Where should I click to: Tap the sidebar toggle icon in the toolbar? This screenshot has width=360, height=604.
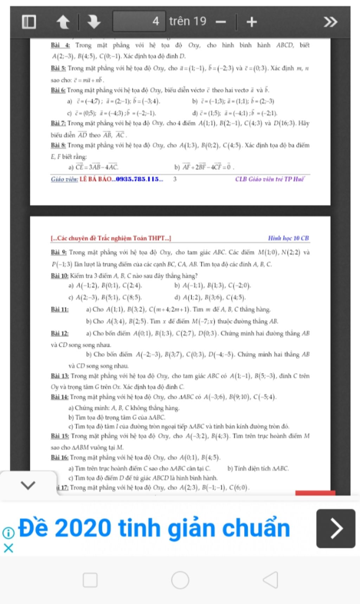[x=29, y=22]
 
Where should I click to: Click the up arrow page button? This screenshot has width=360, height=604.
[x=63, y=22]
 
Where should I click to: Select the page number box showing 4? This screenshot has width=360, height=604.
[x=139, y=21]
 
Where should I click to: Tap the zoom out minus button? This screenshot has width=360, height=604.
[x=221, y=22]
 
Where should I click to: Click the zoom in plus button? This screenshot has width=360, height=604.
[x=251, y=22]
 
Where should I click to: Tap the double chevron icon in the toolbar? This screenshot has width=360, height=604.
[x=330, y=22]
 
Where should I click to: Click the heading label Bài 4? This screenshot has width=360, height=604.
[x=60, y=45]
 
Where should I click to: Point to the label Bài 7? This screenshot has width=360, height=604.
[x=58, y=123]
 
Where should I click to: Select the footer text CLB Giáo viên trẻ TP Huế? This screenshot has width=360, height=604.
[x=270, y=179]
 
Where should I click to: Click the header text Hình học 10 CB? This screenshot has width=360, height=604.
[x=288, y=238]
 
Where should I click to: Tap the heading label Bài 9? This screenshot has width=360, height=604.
[x=59, y=252]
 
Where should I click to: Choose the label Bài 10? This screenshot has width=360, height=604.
[x=59, y=276]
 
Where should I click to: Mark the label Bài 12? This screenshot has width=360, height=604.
[x=59, y=333]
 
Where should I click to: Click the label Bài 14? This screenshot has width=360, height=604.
[x=59, y=397]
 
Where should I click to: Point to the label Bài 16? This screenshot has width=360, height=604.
[x=59, y=457]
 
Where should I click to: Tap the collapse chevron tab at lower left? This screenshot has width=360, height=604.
[x=28, y=485]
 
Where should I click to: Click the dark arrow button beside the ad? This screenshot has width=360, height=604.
[x=336, y=528]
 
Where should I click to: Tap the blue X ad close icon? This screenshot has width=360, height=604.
[x=8, y=548]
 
